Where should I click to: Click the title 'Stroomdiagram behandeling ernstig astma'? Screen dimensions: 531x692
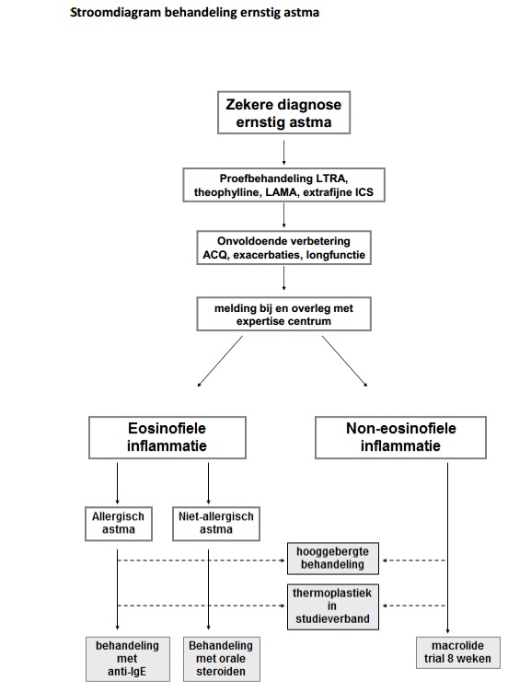tap(194, 12)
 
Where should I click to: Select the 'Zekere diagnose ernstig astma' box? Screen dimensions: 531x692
tap(283, 112)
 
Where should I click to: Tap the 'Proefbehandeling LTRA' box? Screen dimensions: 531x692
tap(283, 185)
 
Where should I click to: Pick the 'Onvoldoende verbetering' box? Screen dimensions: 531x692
tap(283, 248)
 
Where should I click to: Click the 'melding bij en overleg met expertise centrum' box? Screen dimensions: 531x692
tap(283, 314)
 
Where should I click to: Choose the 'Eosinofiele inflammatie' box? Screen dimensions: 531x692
tap(167, 437)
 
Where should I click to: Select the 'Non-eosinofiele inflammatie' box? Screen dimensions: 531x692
tap(401, 437)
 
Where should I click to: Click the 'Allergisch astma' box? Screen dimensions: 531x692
tap(119, 524)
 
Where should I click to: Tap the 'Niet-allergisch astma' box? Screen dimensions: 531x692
tap(216, 524)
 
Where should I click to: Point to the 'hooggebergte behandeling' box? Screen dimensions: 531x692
tap(333, 559)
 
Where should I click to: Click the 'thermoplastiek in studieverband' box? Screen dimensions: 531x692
tap(333, 606)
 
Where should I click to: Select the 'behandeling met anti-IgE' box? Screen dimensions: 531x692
tap(128, 659)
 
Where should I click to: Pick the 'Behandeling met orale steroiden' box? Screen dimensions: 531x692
tap(221, 659)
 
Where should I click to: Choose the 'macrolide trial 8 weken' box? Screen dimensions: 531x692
tap(457, 652)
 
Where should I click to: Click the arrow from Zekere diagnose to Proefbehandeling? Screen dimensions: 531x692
tap(283, 153)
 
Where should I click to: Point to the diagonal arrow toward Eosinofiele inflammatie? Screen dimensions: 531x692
tap(220, 361)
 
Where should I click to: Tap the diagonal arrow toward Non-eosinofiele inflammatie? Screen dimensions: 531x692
tap(345, 361)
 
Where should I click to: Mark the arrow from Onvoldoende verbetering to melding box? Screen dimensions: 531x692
tap(283, 279)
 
